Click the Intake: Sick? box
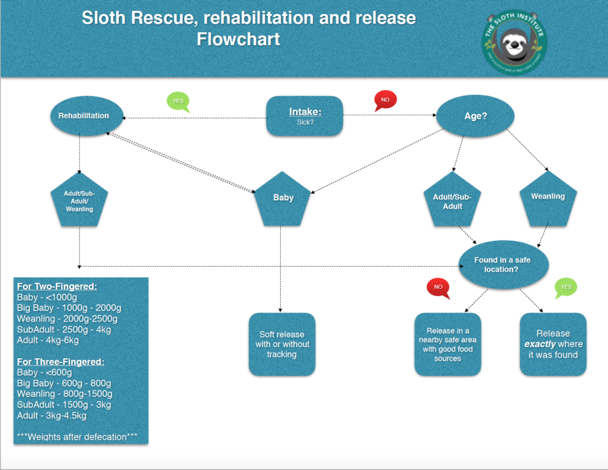tap(305, 115)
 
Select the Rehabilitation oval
tap(84, 116)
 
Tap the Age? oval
tap(475, 116)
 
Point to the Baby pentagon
tap(283, 199)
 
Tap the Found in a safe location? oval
tap(502, 265)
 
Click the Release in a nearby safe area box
tap(447, 345)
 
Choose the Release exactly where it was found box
tap(553, 345)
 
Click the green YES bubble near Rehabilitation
tap(178, 102)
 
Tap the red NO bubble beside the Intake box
tap(385, 100)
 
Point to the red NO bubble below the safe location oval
tap(438, 288)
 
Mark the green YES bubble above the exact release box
tap(566, 288)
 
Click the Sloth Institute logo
tap(514, 41)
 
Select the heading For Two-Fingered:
tap(57, 286)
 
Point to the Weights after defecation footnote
tap(77, 437)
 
